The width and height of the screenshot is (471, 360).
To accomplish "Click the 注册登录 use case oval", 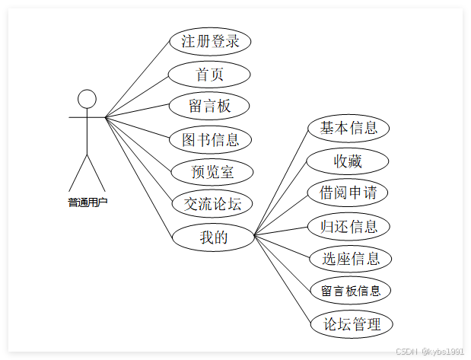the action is (x=210, y=41).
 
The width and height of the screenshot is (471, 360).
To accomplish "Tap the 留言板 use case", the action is (x=209, y=106).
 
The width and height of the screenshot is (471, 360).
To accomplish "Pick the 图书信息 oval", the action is (x=210, y=139).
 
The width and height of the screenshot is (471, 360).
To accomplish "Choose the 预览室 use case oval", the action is (x=212, y=172).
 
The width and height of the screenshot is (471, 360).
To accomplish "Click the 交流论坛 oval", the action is (x=212, y=204).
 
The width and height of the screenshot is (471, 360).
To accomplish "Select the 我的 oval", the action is (x=213, y=237).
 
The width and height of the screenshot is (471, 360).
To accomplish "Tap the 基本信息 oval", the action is (x=348, y=128).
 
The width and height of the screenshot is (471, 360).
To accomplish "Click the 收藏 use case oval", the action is (x=348, y=161).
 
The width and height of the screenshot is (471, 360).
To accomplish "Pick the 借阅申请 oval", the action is (x=348, y=193).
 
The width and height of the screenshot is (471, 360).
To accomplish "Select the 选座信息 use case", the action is (x=351, y=259).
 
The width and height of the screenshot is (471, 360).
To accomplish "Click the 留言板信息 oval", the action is (x=351, y=291).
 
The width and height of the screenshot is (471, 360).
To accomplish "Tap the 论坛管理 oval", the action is (x=352, y=324).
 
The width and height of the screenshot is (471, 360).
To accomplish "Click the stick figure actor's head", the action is (x=88, y=99).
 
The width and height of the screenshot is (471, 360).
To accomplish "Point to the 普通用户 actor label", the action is (x=87, y=202).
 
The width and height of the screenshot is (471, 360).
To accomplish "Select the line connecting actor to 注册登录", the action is (x=137, y=81).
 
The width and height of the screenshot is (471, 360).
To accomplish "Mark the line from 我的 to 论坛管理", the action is (x=282, y=279).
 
